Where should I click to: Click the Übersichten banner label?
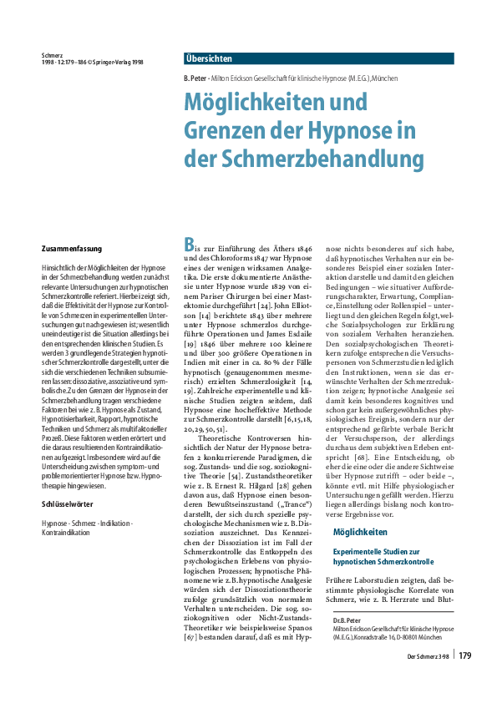click(x=209, y=58)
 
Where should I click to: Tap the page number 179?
click(x=465, y=656)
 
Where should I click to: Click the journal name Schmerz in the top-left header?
click(x=52, y=56)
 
